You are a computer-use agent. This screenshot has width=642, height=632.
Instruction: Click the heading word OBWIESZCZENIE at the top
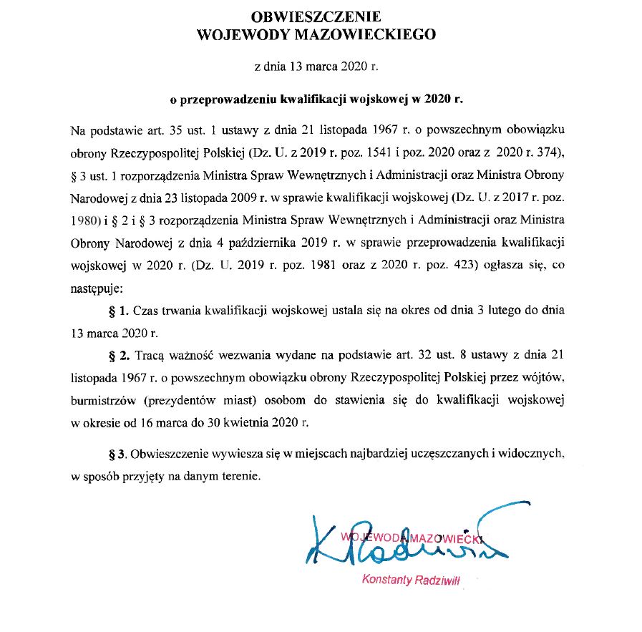(316, 15)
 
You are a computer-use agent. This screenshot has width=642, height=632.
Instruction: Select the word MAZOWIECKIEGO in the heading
(369, 33)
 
